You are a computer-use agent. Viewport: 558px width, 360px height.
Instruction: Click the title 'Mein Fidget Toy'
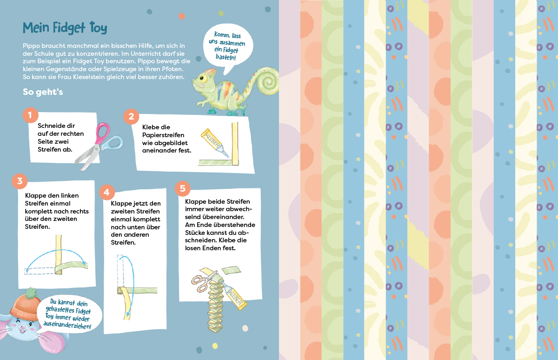[x=65, y=28]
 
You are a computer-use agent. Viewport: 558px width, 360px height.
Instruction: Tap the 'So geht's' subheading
[x=43, y=92]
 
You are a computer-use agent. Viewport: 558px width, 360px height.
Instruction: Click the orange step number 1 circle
[x=30, y=115]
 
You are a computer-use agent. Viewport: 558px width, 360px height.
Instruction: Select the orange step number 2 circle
[x=131, y=116]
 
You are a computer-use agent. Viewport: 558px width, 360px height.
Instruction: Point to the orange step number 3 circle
[x=20, y=181]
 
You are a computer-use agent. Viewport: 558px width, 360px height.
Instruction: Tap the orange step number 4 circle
[x=107, y=192]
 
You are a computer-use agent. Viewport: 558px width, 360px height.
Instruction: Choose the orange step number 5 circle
[x=183, y=188]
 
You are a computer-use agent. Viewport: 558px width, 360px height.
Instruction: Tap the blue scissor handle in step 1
[x=115, y=143]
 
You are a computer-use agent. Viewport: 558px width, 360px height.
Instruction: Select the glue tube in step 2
[x=215, y=143]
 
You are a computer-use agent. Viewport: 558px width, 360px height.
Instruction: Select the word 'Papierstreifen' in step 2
[x=163, y=135]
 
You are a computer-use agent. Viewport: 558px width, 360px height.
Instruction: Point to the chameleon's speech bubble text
[x=227, y=46]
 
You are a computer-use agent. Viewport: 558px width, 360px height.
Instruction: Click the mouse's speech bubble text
[x=68, y=313]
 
